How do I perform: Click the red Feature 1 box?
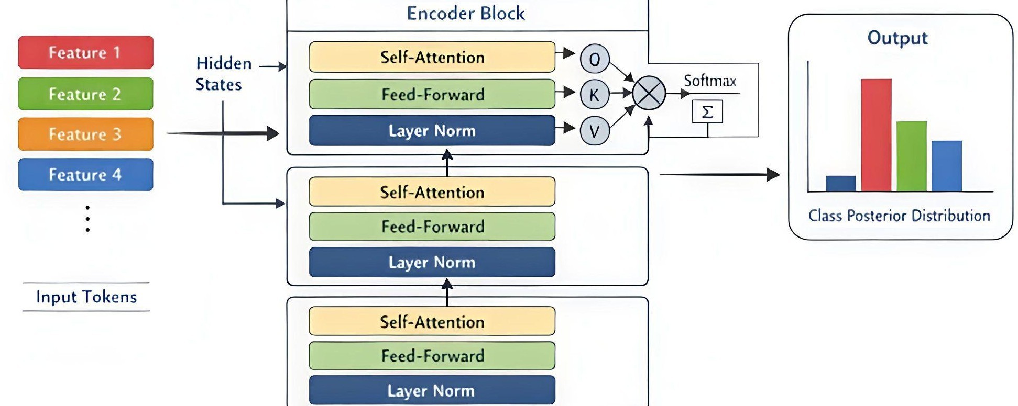[x=86, y=52]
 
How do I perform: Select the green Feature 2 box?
[x=86, y=94]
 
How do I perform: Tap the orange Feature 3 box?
[x=86, y=134]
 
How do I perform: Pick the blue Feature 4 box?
[x=86, y=174]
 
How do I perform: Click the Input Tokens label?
[x=86, y=297]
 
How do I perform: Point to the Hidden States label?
[x=223, y=74]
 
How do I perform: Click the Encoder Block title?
[x=466, y=13]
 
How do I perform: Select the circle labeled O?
[x=595, y=59]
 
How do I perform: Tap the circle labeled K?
[x=595, y=94]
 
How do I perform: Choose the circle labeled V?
[x=595, y=130]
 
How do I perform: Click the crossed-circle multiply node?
[x=649, y=93]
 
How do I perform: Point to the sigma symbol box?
[x=707, y=111]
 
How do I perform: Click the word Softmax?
[x=710, y=81]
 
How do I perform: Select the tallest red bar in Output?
[x=876, y=135]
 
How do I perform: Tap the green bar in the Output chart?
[x=912, y=156]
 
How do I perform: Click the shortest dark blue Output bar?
[x=841, y=184]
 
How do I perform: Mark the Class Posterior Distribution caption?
[x=899, y=216]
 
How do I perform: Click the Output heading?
[x=897, y=38]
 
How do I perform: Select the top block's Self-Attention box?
[x=432, y=57]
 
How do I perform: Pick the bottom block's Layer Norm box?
[x=432, y=390]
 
